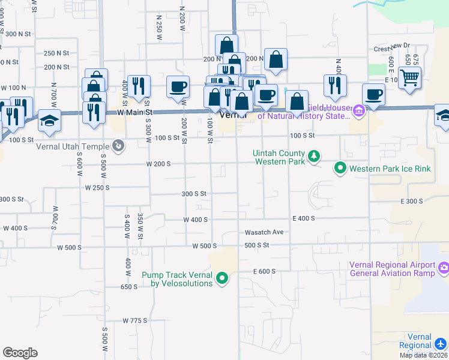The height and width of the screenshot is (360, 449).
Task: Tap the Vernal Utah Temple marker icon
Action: [119, 145]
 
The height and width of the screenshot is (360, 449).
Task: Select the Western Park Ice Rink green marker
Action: [340, 169]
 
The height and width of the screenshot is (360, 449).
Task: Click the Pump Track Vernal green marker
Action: [222, 278]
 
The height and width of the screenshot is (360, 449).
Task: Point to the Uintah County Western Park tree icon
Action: [313, 157]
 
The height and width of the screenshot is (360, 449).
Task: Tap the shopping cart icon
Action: [409, 77]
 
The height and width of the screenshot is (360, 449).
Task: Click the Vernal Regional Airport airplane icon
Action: [441, 343]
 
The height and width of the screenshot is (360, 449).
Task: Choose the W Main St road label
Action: [135, 112]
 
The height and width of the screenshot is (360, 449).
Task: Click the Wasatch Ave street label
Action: [264, 232]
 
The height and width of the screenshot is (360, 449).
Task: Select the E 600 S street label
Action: [264, 271]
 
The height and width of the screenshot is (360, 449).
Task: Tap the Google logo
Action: [20, 353]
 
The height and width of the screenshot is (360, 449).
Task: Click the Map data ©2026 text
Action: [423, 355]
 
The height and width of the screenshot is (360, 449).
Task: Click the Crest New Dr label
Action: [391, 46]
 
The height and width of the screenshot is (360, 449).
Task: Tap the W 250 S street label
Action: [97, 187]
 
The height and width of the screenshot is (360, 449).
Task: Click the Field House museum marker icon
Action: [359, 110]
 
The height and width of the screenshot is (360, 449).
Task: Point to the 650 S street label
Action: [128, 287]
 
